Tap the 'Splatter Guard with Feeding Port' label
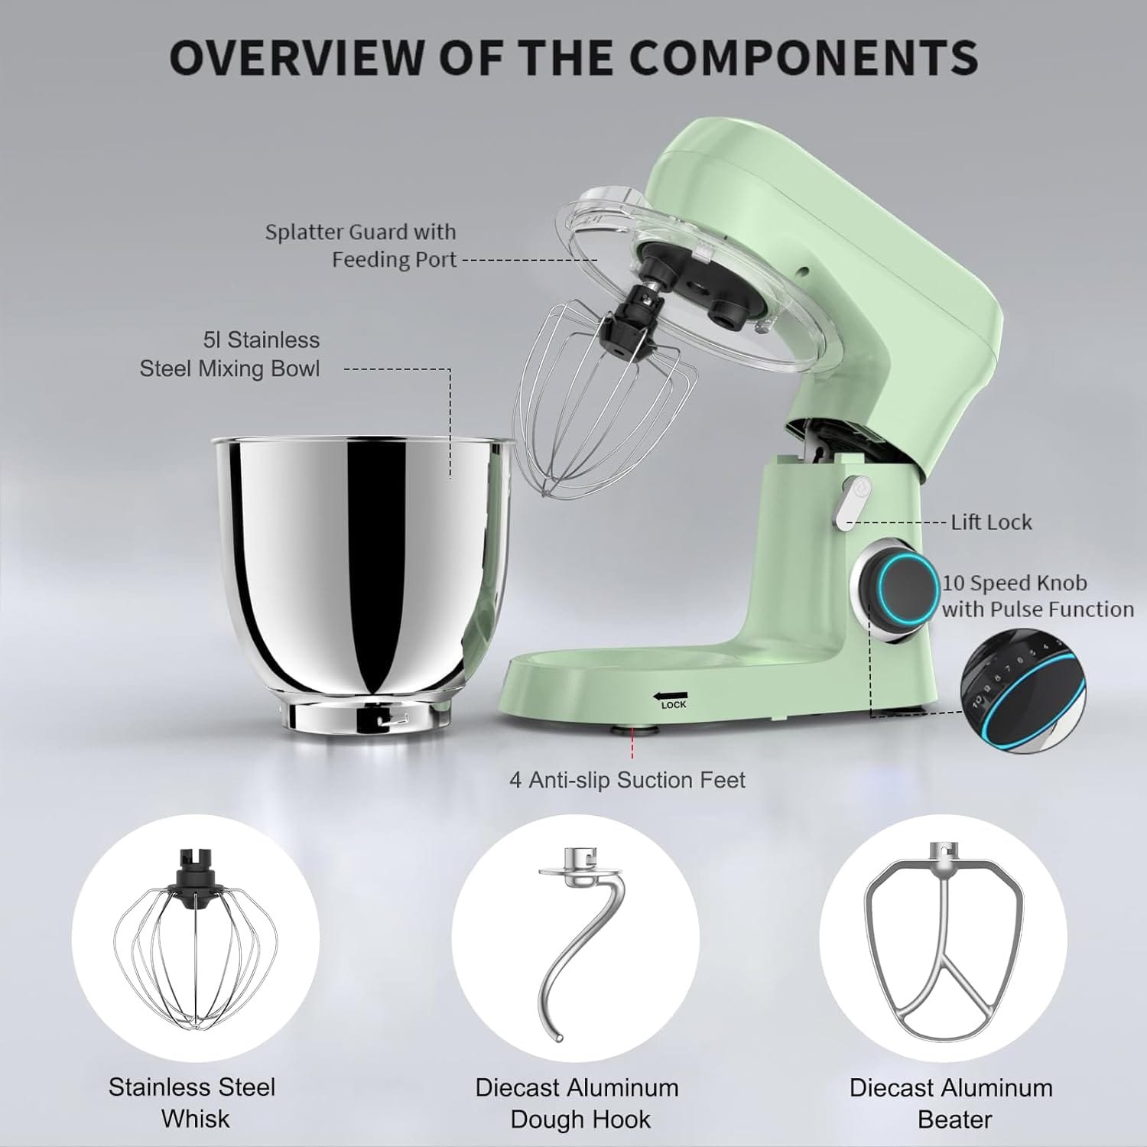coord(360,245)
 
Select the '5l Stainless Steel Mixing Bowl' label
coord(229,354)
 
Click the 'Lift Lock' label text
coord(991,522)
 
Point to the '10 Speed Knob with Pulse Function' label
coord(1037,596)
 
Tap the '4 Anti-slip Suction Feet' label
coord(627,780)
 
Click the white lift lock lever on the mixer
coord(847,502)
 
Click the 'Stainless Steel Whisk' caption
coord(192,1103)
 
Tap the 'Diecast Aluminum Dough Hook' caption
coord(577,1103)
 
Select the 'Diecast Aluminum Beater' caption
coord(951,1103)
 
